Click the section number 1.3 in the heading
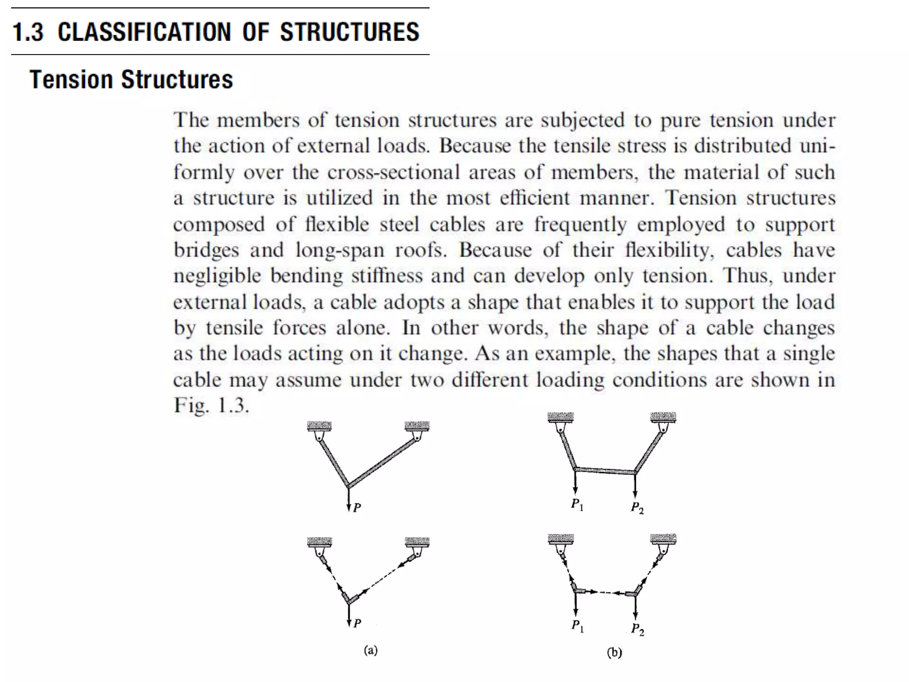coord(28,32)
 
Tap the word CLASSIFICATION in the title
coord(144,32)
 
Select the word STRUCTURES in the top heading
coord(349,32)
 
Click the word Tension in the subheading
coord(71,80)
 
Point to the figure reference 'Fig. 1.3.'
coord(211,405)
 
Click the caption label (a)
coord(371,650)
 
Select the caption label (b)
coord(614,652)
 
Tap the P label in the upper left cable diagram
coord(357,508)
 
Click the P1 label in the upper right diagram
coord(577,504)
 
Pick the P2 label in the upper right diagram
coord(637,508)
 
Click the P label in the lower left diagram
coord(357,623)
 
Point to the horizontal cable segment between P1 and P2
coord(605,471)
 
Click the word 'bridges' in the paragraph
coord(206,250)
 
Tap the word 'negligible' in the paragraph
coord(217,276)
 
